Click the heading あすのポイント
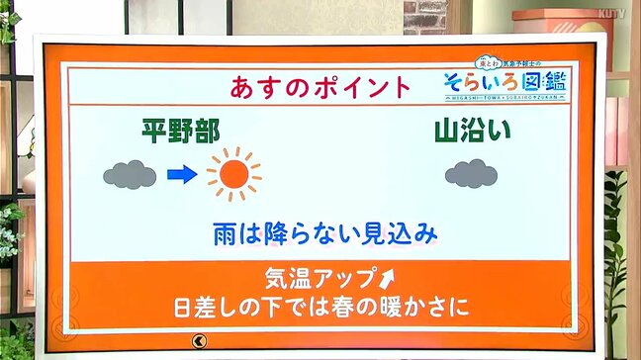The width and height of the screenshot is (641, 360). [320, 86]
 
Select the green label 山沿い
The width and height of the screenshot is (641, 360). [471, 130]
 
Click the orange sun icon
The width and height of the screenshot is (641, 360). [233, 175]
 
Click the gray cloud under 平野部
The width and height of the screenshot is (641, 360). [130, 175]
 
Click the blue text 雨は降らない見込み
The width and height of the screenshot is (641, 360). [324, 234]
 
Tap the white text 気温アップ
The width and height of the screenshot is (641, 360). [308, 277]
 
